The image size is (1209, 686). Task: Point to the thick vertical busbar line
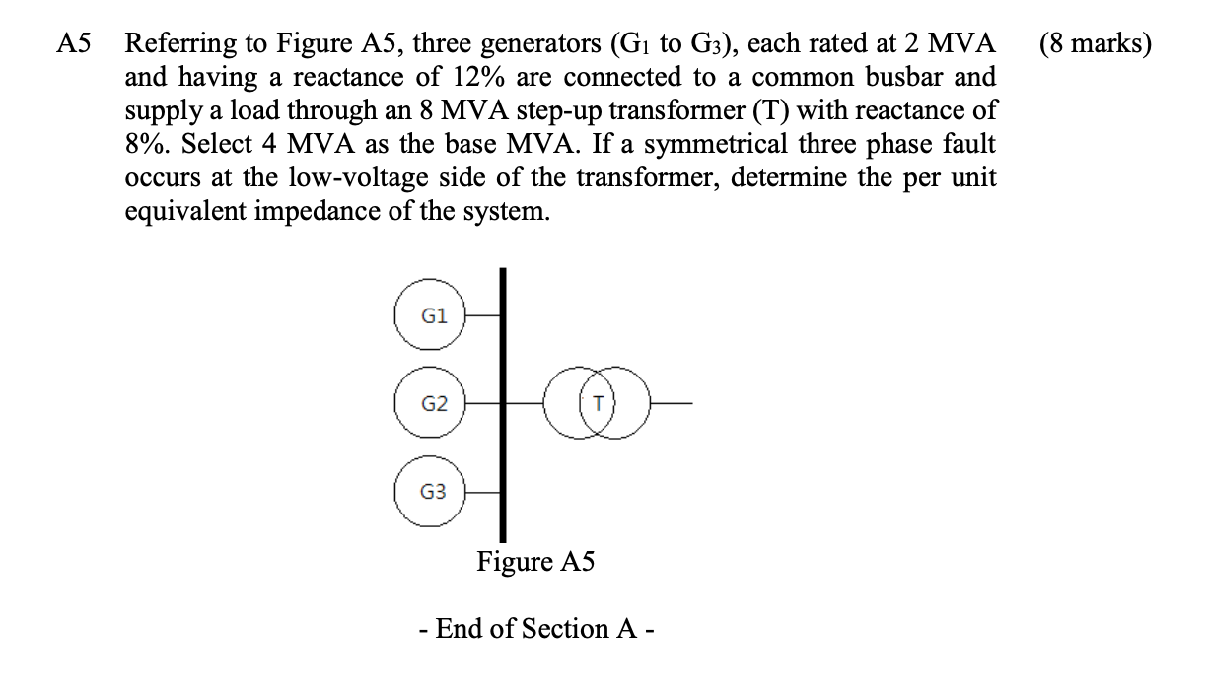tap(504, 444)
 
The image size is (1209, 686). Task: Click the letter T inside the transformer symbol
tap(598, 404)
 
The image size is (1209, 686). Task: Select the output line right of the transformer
tap(672, 404)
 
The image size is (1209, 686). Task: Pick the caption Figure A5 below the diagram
tap(535, 562)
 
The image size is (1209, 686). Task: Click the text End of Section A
tap(535, 629)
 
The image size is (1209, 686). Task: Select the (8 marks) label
tap(1095, 45)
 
